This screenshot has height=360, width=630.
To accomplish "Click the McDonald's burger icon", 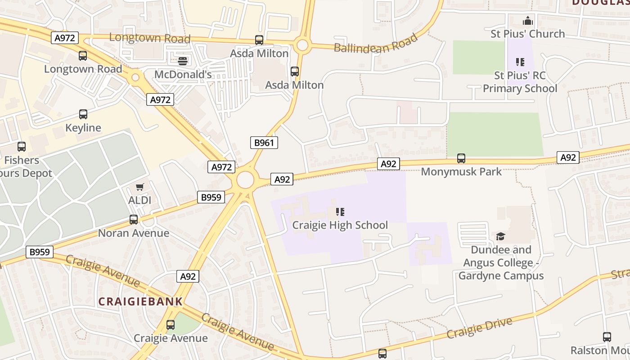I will click(183, 61).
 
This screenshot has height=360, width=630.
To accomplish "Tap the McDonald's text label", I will click(183, 74).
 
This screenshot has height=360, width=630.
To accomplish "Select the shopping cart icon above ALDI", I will click(140, 187).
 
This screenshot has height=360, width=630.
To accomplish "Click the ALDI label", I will click(140, 200).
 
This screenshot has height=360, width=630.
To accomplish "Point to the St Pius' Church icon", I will click(528, 21).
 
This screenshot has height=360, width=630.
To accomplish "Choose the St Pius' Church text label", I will click(528, 34).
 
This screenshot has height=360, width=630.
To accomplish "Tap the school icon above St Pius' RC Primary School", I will click(520, 62).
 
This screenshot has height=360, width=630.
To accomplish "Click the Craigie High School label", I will click(340, 225).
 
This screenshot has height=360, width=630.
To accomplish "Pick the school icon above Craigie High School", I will click(340, 211).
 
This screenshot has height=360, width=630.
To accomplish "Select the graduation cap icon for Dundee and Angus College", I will click(501, 236).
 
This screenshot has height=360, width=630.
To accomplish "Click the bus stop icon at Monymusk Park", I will click(461, 158).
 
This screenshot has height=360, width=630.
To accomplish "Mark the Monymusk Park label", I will click(461, 171).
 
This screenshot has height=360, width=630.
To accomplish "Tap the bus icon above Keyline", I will click(83, 114).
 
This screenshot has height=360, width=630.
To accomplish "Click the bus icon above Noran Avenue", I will click(134, 220).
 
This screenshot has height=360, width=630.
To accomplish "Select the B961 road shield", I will click(264, 143).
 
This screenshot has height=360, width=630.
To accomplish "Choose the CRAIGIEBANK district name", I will click(140, 301).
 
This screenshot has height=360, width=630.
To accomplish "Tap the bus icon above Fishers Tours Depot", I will click(22, 147).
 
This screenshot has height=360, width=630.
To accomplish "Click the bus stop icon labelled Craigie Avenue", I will click(171, 325).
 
